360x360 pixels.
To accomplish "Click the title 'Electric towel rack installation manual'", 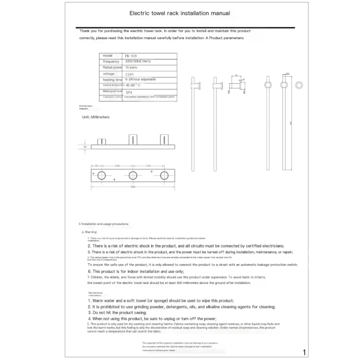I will [x=180, y=13].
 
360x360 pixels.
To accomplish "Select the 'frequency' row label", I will [x=111, y=61].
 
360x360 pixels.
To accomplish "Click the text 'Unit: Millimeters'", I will [x=95, y=117].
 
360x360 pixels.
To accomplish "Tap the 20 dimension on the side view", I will [x=84, y=147].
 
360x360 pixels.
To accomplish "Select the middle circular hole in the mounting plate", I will [x=133, y=175].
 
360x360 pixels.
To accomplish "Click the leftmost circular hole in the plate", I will [x=102, y=175].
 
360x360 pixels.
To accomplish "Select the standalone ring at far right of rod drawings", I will [x=299, y=85].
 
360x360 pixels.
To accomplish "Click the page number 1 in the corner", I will [x=305, y=352].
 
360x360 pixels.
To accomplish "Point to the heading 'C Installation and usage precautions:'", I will [x=103, y=224].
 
